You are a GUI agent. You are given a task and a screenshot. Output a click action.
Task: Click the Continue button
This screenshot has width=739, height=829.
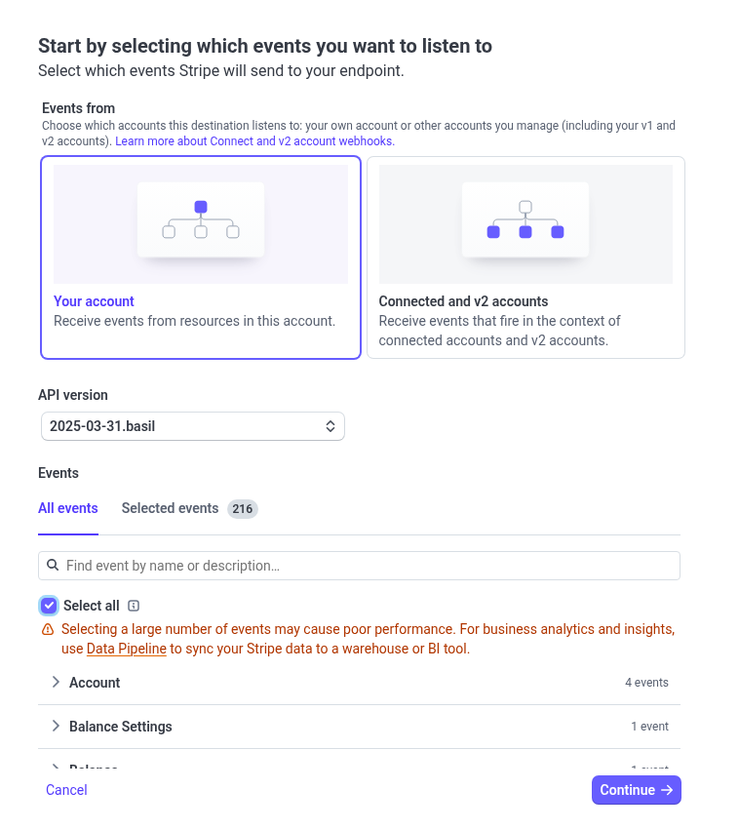(x=636, y=790)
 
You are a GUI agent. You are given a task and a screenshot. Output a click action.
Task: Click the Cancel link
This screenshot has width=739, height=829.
(x=66, y=790)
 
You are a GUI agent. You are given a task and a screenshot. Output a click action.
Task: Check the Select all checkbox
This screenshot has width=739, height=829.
(x=49, y=606)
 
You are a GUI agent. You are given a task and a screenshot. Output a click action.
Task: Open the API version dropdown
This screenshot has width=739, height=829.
(x=192, y=426)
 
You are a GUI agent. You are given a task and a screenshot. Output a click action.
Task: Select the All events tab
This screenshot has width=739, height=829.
(x=67, y=508)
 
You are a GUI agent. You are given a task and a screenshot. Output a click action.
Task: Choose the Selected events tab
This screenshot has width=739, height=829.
(x=170, y=508)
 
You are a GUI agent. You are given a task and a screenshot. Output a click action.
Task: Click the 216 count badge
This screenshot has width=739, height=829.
(x=243, y=508)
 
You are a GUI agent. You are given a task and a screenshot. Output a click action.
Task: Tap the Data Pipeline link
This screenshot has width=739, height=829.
(x=126, y=649)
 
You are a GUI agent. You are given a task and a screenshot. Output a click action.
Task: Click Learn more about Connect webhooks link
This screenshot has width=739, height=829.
(x=254, y=141)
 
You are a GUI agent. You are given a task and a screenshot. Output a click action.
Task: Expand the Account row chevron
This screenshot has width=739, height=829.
(x=56, y=683)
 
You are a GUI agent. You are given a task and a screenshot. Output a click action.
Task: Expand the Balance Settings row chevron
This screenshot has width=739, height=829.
(x=56, y=727)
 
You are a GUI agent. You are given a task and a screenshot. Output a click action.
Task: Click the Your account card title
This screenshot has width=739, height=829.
(x=94, y=301)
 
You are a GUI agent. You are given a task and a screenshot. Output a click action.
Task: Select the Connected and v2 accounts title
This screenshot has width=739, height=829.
(x=463, y=301)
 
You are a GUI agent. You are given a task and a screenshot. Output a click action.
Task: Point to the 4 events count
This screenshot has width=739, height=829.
(x=646, y=683)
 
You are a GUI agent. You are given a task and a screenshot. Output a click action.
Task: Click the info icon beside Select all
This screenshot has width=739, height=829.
(x=134, y=606)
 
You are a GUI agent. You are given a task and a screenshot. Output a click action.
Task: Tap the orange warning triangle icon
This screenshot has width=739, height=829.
(x=48, y=630)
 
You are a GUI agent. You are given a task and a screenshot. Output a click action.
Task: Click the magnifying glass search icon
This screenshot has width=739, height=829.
(x=53, y=566)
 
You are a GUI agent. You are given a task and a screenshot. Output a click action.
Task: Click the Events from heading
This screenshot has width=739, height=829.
(x=78, y=108)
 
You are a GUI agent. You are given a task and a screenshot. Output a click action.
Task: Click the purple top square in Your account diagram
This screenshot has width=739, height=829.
(x=201, y=207)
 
